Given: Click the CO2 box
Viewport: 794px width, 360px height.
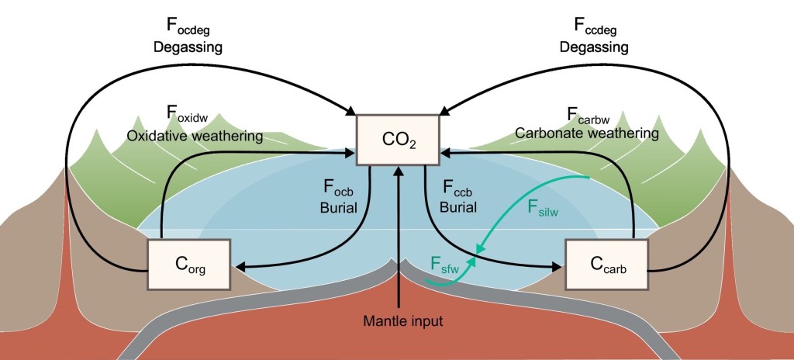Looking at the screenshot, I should (x=397, y=140).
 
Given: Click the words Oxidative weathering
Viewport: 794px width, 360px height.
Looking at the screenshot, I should (x=195, y=137).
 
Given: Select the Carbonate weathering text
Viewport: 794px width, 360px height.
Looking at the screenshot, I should (x=587, y=134).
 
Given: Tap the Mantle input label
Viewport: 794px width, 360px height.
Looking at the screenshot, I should (x=398, y=320).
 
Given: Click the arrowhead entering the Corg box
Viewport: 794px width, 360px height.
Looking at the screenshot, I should (x=240, y=267).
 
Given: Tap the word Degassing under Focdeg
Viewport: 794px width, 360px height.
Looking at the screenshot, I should (x=187, y=47).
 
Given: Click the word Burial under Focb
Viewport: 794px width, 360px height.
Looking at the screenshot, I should (x=338, y=208).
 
